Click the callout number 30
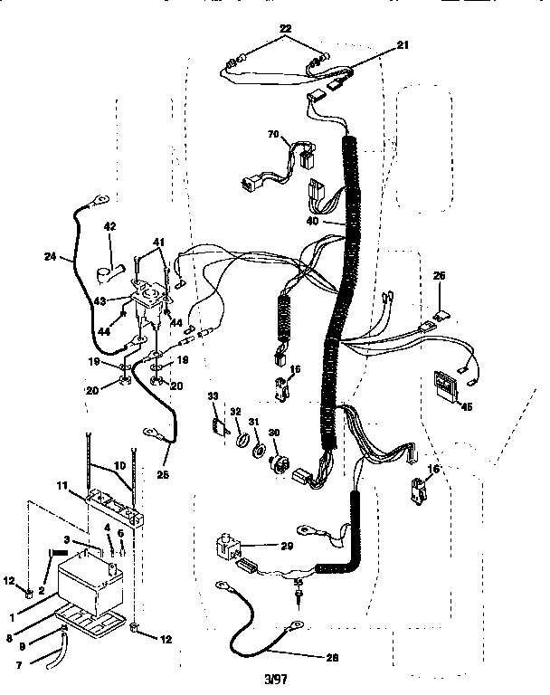click(x=274, y=431)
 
